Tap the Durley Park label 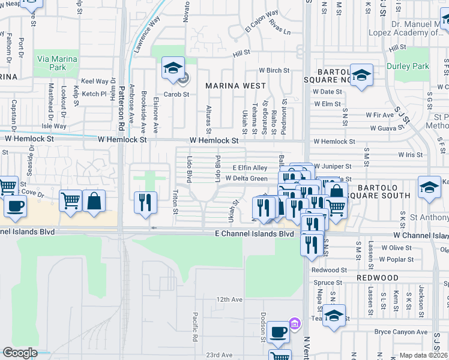tap(408, 66)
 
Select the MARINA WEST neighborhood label tap(235, 86)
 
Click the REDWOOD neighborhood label tap(378, 278)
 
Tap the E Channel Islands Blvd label tap(256, 233)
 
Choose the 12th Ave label tap(229, 299)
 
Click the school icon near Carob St tap(173, 69)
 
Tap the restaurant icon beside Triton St tap(145, 203)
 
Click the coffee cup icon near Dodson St tap(278, 331)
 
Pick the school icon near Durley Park tap(361, 75)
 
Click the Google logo tap(20, 353)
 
